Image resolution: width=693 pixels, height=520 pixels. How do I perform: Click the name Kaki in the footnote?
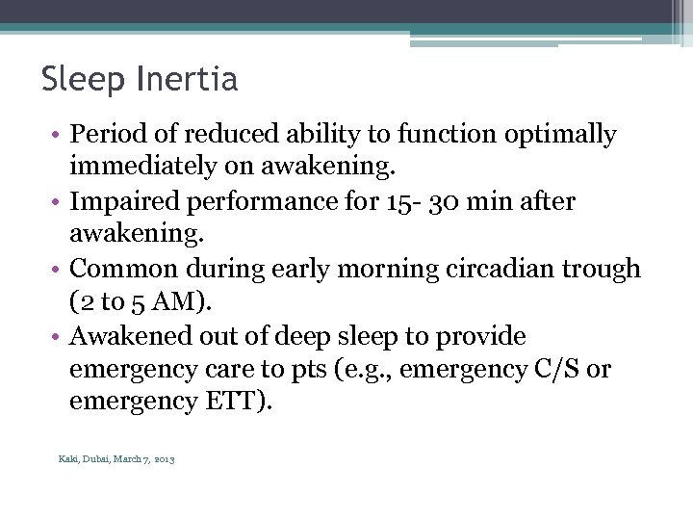(67, 459)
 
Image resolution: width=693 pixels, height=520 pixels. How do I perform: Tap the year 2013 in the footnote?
(165, 459)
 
